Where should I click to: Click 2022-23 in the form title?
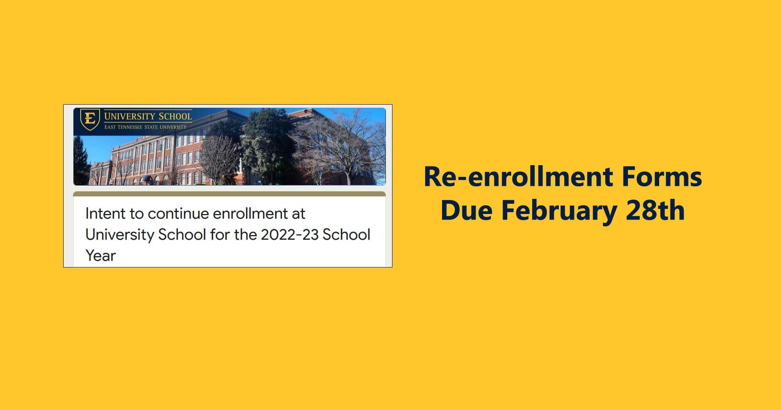coord(290,235)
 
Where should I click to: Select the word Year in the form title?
coord(101,256)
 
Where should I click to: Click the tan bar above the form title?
coord(230,194)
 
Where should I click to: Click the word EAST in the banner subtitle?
coord(110,127)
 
